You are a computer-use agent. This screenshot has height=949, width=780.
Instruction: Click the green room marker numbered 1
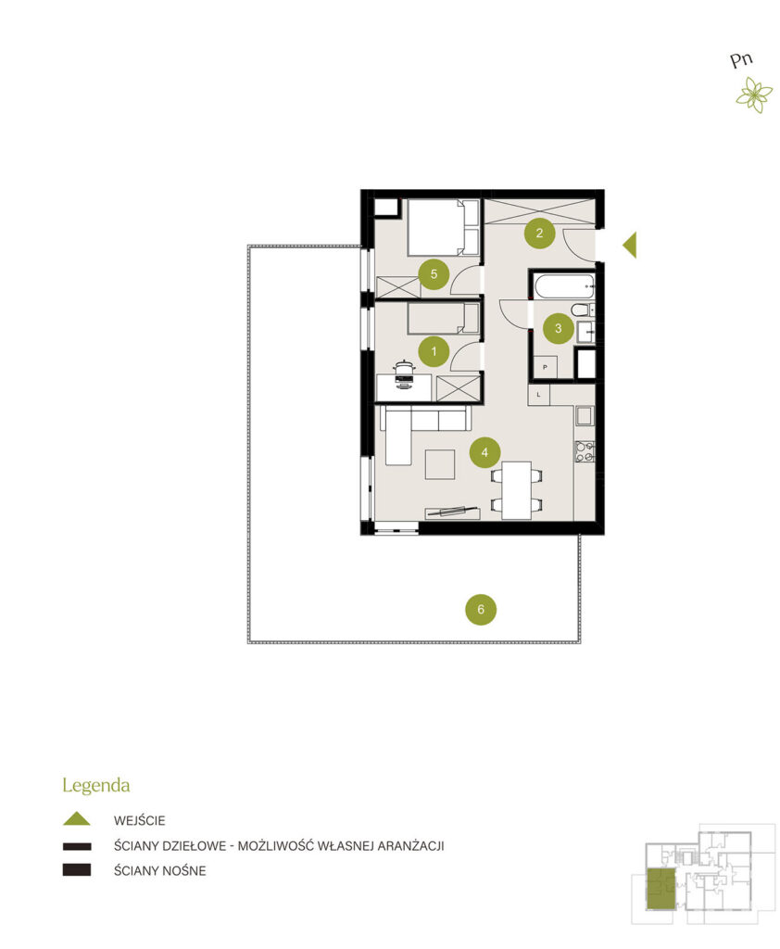[434, 351]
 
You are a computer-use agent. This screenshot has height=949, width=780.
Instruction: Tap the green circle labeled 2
[539, 233]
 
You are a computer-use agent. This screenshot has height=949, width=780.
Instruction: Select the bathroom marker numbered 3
[558, 328]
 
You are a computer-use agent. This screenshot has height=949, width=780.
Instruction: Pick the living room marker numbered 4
[484, 452]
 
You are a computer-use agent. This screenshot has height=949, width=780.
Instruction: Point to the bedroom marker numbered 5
[434, 274]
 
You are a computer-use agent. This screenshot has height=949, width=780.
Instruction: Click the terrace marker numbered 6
[481, 609]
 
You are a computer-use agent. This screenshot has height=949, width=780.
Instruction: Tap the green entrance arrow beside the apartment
[629, 245]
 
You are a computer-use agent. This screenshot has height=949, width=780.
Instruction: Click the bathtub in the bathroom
[563, 285]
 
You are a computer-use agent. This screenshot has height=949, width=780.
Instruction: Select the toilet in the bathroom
[582, 310]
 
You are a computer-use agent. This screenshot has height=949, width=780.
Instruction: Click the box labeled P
[546, 367]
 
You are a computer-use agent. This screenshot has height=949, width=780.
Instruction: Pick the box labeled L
[538, 395]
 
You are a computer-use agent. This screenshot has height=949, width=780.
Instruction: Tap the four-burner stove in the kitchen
[584, 451]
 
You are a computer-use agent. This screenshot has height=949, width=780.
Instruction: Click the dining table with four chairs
[516, 490]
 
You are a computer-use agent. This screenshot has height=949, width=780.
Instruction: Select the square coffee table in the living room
[440, 464]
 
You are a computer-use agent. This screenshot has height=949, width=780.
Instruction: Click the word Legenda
[96, 786]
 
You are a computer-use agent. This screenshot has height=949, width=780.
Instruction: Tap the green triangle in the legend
[77, 819]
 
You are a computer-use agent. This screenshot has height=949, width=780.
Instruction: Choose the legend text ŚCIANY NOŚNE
[159, 870]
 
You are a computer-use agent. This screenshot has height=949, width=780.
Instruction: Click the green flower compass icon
[754, 95]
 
